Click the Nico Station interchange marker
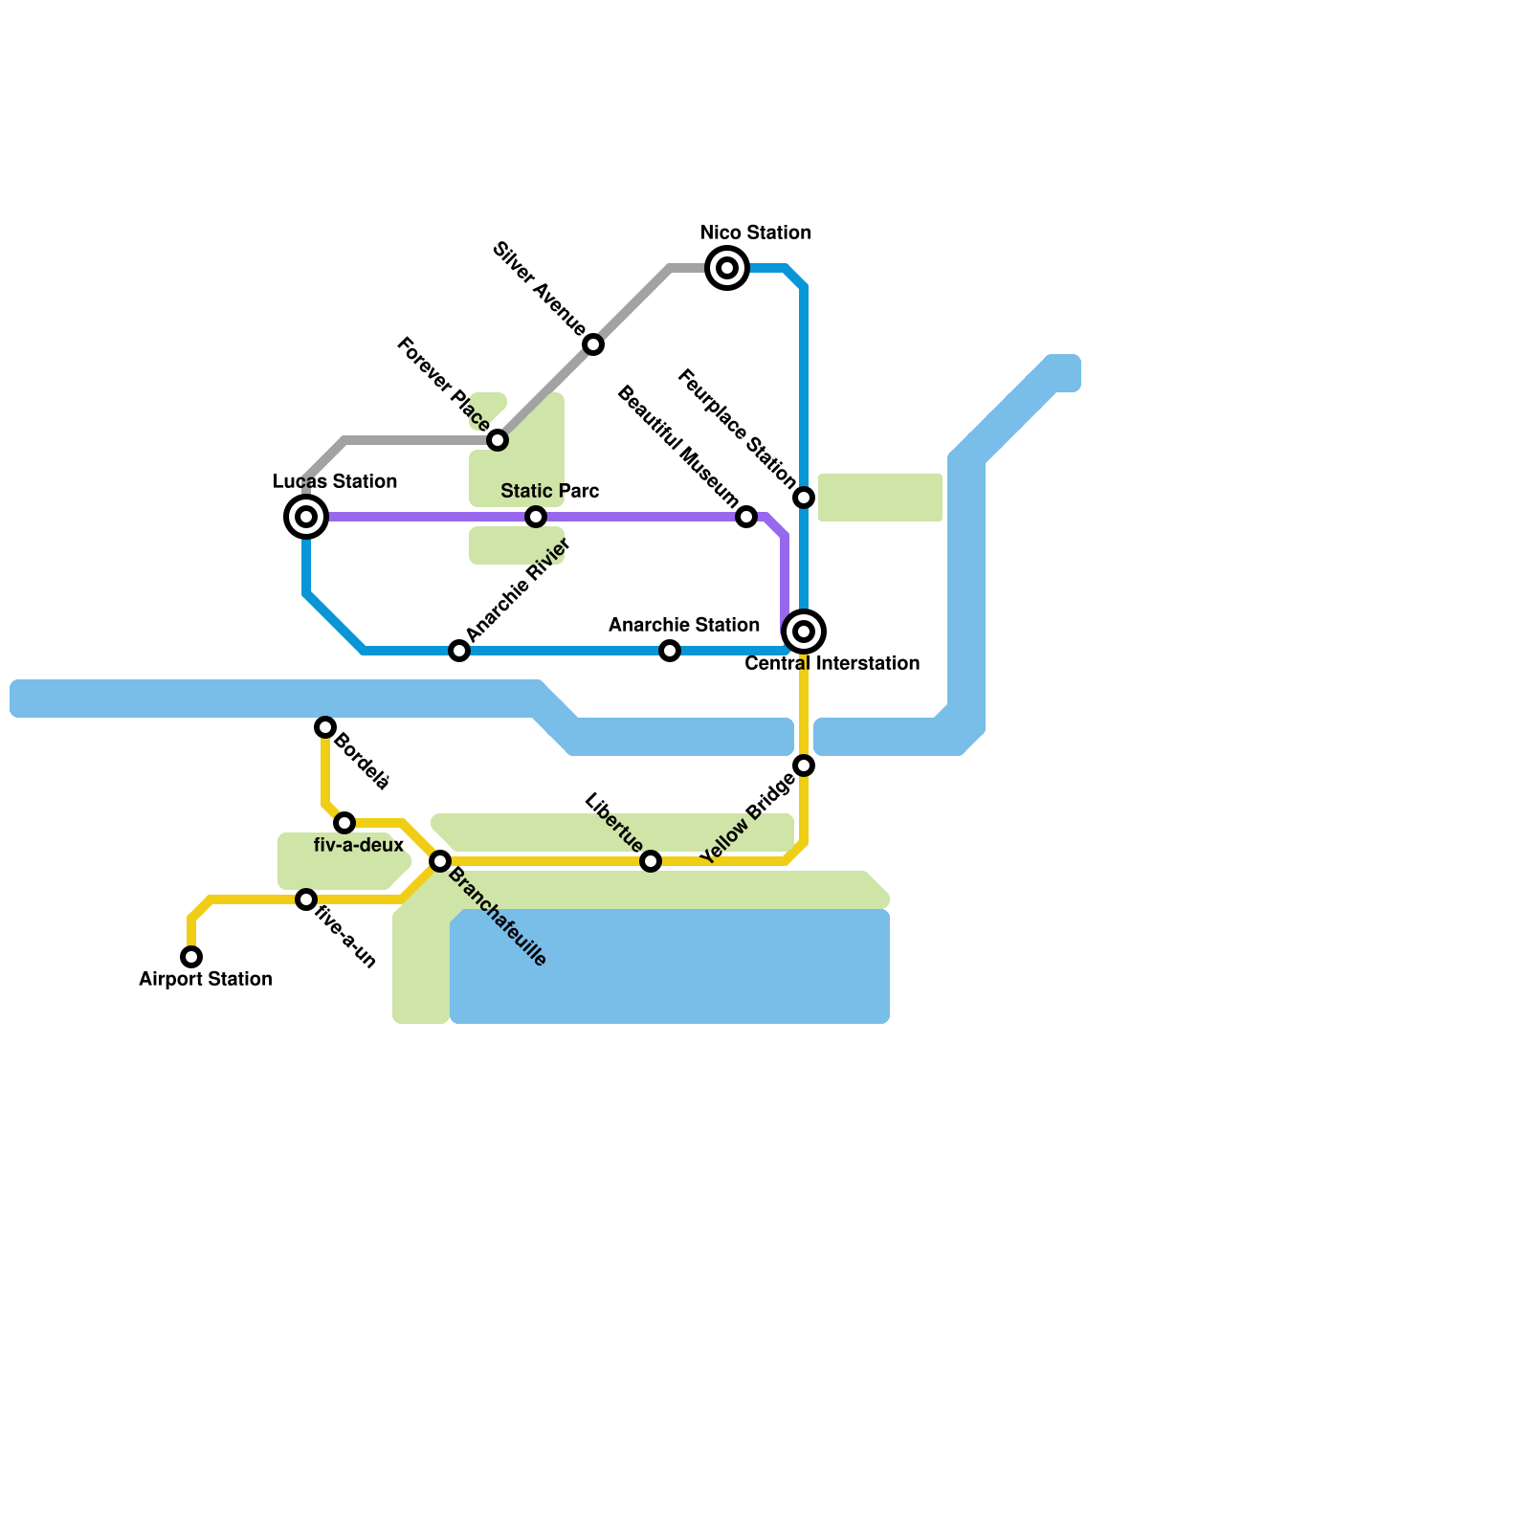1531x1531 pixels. (727, 268)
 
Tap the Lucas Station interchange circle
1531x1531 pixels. (306, 517)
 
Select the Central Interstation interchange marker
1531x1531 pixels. (804, 632)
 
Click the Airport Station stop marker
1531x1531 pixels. (191, 957)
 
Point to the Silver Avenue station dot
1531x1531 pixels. (593, 344)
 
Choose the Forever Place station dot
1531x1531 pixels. (498, 440)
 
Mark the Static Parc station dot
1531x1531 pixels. (536, 517)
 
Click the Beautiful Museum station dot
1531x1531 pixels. (746, 517)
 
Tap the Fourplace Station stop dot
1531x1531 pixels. (804, 498)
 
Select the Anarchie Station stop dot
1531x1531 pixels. (670, 651)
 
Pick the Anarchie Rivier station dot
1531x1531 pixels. (459, 651)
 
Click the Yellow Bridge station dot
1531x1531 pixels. (804, 765)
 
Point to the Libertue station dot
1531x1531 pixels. (651, 861)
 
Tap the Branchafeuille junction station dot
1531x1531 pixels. (440, 861)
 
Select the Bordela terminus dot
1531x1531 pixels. (325, 727)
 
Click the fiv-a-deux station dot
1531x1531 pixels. (344, 823)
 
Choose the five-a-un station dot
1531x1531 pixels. (306, 899)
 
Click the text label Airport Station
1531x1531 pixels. (206, 979)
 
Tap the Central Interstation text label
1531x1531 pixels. (832, 663)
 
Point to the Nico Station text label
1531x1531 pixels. (756, 233)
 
